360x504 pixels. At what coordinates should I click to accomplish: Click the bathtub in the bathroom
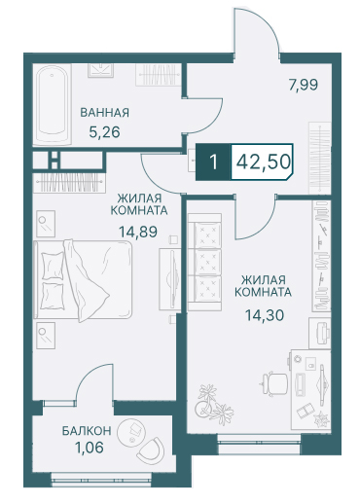[52, 105]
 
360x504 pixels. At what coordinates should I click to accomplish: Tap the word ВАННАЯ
[104, 113]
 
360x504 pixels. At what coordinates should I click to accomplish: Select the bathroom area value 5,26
[104, 132]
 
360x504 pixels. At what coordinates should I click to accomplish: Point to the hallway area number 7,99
[304, 85]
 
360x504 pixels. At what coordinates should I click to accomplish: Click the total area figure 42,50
[263, 162]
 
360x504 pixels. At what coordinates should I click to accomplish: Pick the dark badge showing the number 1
[213, 162]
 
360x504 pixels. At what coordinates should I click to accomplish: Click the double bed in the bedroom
[83, 279]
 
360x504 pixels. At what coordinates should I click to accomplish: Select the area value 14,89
[138, 232]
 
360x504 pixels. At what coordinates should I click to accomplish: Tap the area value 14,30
[265, 315]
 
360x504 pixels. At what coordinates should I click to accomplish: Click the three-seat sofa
[204, 262]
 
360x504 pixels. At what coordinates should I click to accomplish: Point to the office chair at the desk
[274, 384]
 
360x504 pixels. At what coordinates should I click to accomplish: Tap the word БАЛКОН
[87, 431]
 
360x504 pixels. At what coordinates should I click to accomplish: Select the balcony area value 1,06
[90, 448]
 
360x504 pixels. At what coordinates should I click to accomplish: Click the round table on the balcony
[131, 433]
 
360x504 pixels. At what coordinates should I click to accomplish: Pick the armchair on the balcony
[151, 450]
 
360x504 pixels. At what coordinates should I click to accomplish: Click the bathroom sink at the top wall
[101, 70]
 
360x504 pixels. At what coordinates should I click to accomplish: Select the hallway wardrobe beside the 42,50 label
[319, 159]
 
